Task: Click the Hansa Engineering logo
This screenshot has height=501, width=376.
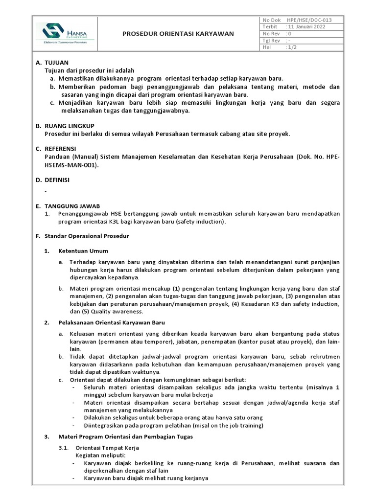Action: (x=64, y=33)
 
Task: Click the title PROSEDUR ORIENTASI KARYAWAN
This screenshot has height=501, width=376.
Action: (x=178, y=34)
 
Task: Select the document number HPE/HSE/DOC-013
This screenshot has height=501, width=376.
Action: (x=312, y=20)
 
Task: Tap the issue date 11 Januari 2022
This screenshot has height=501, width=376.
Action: (x=307, y=27)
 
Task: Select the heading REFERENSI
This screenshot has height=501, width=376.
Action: (x=64, y=148)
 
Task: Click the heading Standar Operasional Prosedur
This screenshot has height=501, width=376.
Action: (x=87, y=236)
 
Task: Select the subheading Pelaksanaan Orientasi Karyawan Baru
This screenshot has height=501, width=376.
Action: (x=111, y=322)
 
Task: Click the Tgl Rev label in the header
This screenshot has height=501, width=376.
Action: (x=271, y=41)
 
